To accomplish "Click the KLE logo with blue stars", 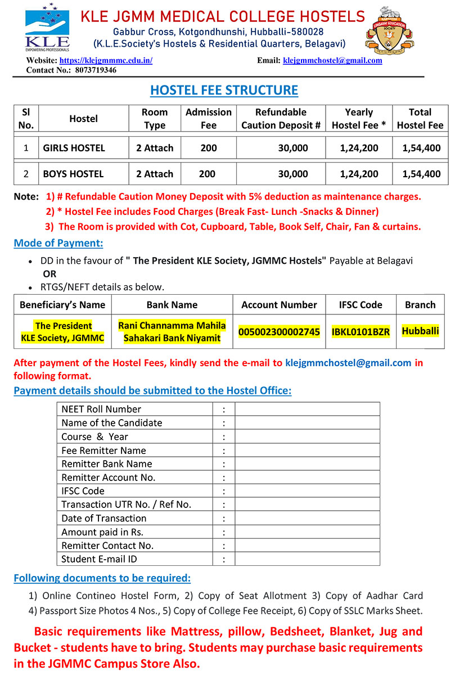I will (47, 27).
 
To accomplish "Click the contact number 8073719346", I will (96, 70).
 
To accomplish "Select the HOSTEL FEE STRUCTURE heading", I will (224, 90).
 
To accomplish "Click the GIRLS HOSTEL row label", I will (74, 148).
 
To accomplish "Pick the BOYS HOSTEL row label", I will (74, 174).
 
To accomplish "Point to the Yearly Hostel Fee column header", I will (359, 119).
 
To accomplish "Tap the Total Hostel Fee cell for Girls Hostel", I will (421, 148).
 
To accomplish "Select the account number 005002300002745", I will (279, 332).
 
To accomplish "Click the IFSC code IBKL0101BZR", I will (361, 332).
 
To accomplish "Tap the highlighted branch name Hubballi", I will (420, 331).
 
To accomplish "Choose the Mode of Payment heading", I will (58, 243).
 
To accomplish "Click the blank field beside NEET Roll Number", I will (307, 409).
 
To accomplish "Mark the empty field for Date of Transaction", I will (307, 518).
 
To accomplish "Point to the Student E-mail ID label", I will (99, 559).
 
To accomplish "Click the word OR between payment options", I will (49, 274).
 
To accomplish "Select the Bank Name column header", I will (172, 305).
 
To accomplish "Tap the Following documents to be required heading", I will (102, 578).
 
